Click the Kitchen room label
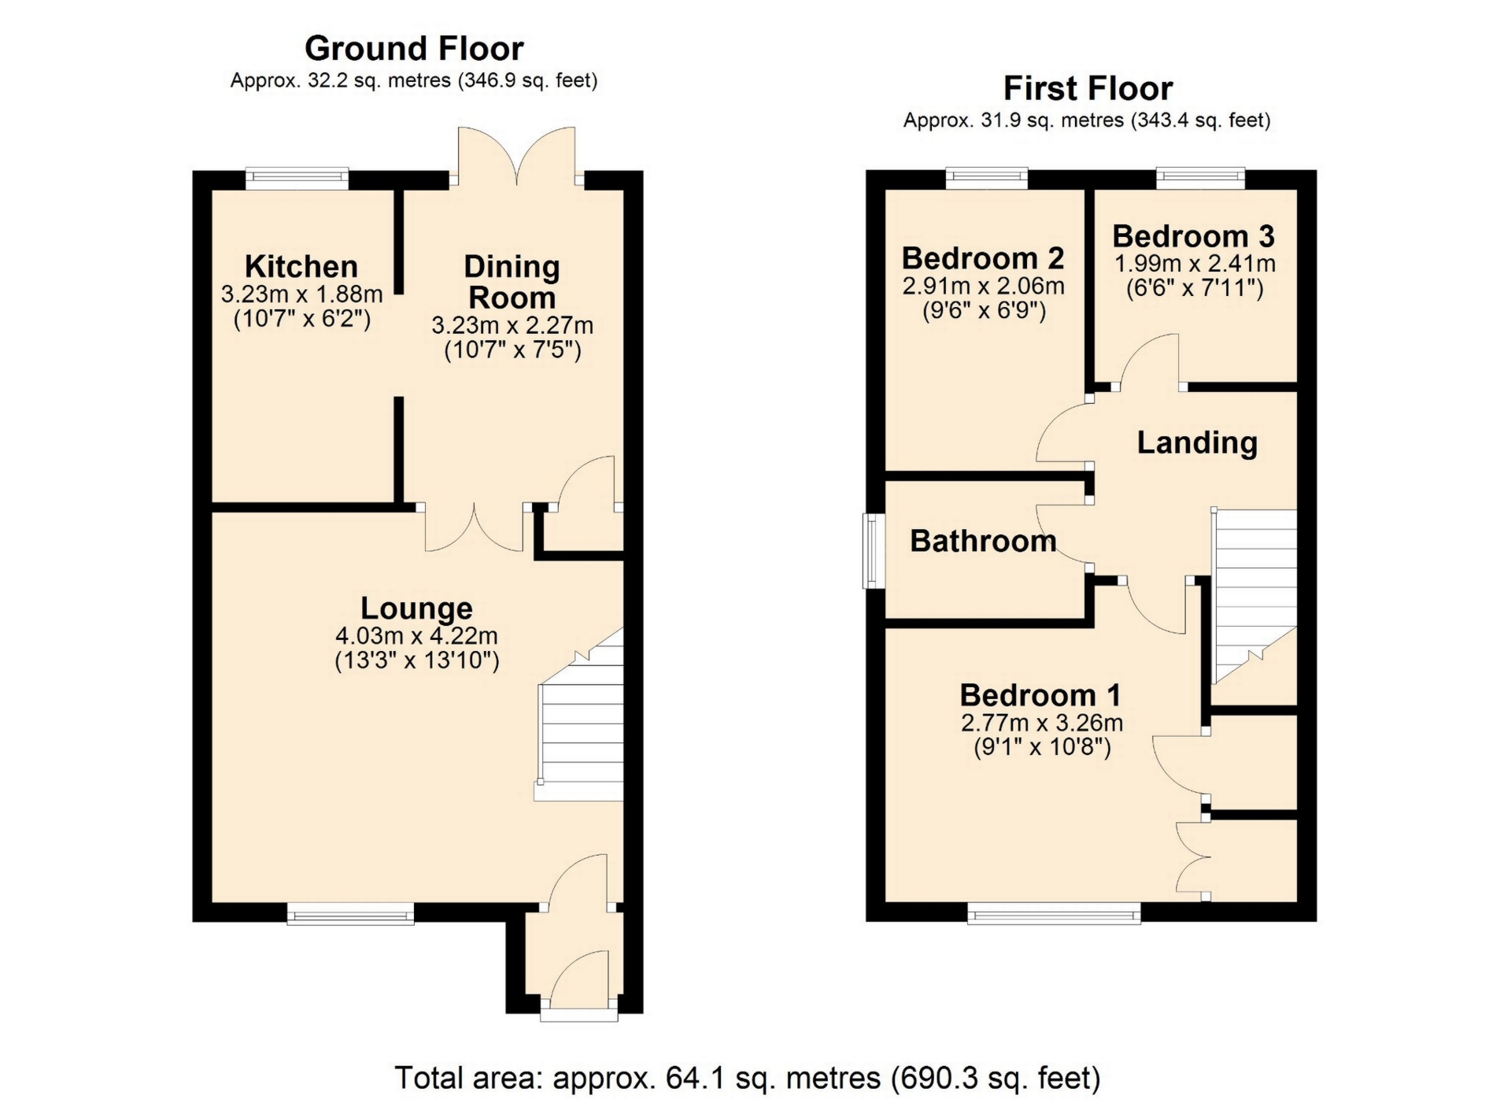click(301, 266)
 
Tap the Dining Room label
click(512, 282)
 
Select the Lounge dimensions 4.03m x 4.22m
click(417, 635)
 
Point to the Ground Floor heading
click(414, 48)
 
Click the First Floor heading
click(1088, 88)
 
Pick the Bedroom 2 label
click(983, 258)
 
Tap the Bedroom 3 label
click(1194, 236)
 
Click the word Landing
click(1197, 442)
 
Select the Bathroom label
click(983, 541)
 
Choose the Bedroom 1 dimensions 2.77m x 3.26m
click(1042, 723)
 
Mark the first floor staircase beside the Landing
click(1254, 596)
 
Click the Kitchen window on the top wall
click(297, 179)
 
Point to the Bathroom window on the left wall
click(873, 551)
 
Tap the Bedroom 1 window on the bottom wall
click(1054, 913)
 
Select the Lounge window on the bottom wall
click(350, 913)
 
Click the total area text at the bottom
click(747, 1078)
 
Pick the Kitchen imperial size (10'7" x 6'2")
click(302, 320)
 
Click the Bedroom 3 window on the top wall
click(1200, 179)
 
